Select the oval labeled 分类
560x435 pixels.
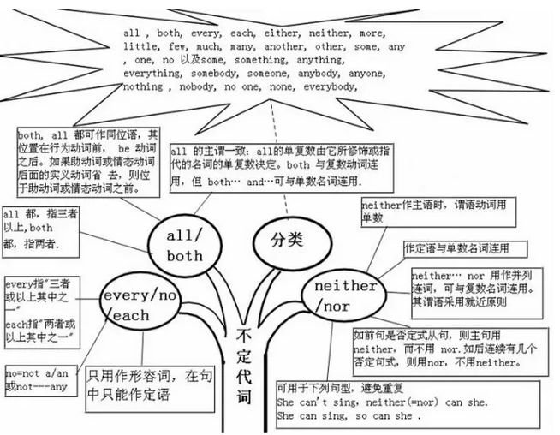tap(287, 240)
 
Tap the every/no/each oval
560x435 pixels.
tap(137, 305)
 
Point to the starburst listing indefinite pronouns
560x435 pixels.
tap(265, 60)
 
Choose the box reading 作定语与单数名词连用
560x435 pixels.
tap(462, 248)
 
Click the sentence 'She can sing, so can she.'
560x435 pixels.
tap(349, 416)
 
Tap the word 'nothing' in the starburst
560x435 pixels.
tap(144, 86)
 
